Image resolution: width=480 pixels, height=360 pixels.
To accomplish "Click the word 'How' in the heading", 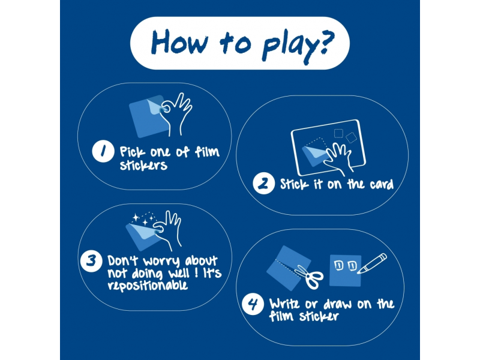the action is (179, 42).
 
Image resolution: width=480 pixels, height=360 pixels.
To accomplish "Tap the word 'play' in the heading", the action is (288, 47).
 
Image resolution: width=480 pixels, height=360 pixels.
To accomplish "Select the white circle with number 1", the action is (103, 151).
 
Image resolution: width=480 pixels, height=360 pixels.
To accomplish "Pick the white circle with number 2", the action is (264, 184).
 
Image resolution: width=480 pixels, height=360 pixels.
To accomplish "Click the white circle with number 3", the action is (91, 261).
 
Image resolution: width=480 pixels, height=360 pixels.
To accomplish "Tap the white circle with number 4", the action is (253, 304).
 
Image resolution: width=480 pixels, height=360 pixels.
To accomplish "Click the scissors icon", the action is (310, 277).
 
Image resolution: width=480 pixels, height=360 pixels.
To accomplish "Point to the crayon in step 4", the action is (372, 263).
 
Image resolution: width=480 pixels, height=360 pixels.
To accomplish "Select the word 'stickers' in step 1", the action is (143, 165).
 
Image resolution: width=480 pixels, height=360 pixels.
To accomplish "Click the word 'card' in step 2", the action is (382, 184).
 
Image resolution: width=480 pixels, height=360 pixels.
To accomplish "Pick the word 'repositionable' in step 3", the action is (148, 286).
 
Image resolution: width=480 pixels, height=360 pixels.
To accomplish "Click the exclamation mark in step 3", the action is (196, 273).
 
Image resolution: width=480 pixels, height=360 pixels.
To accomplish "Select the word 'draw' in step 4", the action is (338, 304).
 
